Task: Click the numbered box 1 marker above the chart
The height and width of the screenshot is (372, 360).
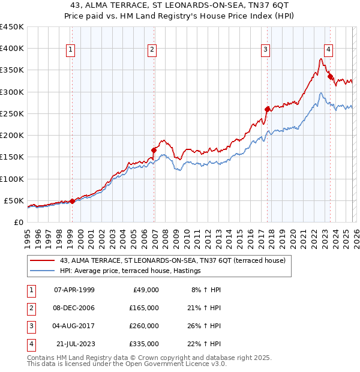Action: [71, 50]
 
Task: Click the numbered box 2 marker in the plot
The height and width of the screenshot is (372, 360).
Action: [152, 50]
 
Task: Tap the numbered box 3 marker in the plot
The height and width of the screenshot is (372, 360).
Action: [265, 50]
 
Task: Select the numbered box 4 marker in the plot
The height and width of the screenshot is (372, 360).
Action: [329, 50]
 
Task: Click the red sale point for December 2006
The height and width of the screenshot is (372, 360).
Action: [154, 150]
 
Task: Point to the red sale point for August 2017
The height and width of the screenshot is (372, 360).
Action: [267, 109]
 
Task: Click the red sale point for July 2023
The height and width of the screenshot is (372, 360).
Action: [330, 76]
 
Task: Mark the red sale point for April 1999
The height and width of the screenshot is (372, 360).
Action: [73, 201]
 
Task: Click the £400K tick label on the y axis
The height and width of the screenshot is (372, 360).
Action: [11, 49]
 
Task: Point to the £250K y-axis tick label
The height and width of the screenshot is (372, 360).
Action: [11, 113]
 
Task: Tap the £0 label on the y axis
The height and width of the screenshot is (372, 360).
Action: [18, 222]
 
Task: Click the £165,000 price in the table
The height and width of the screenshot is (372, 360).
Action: [144, 307]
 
